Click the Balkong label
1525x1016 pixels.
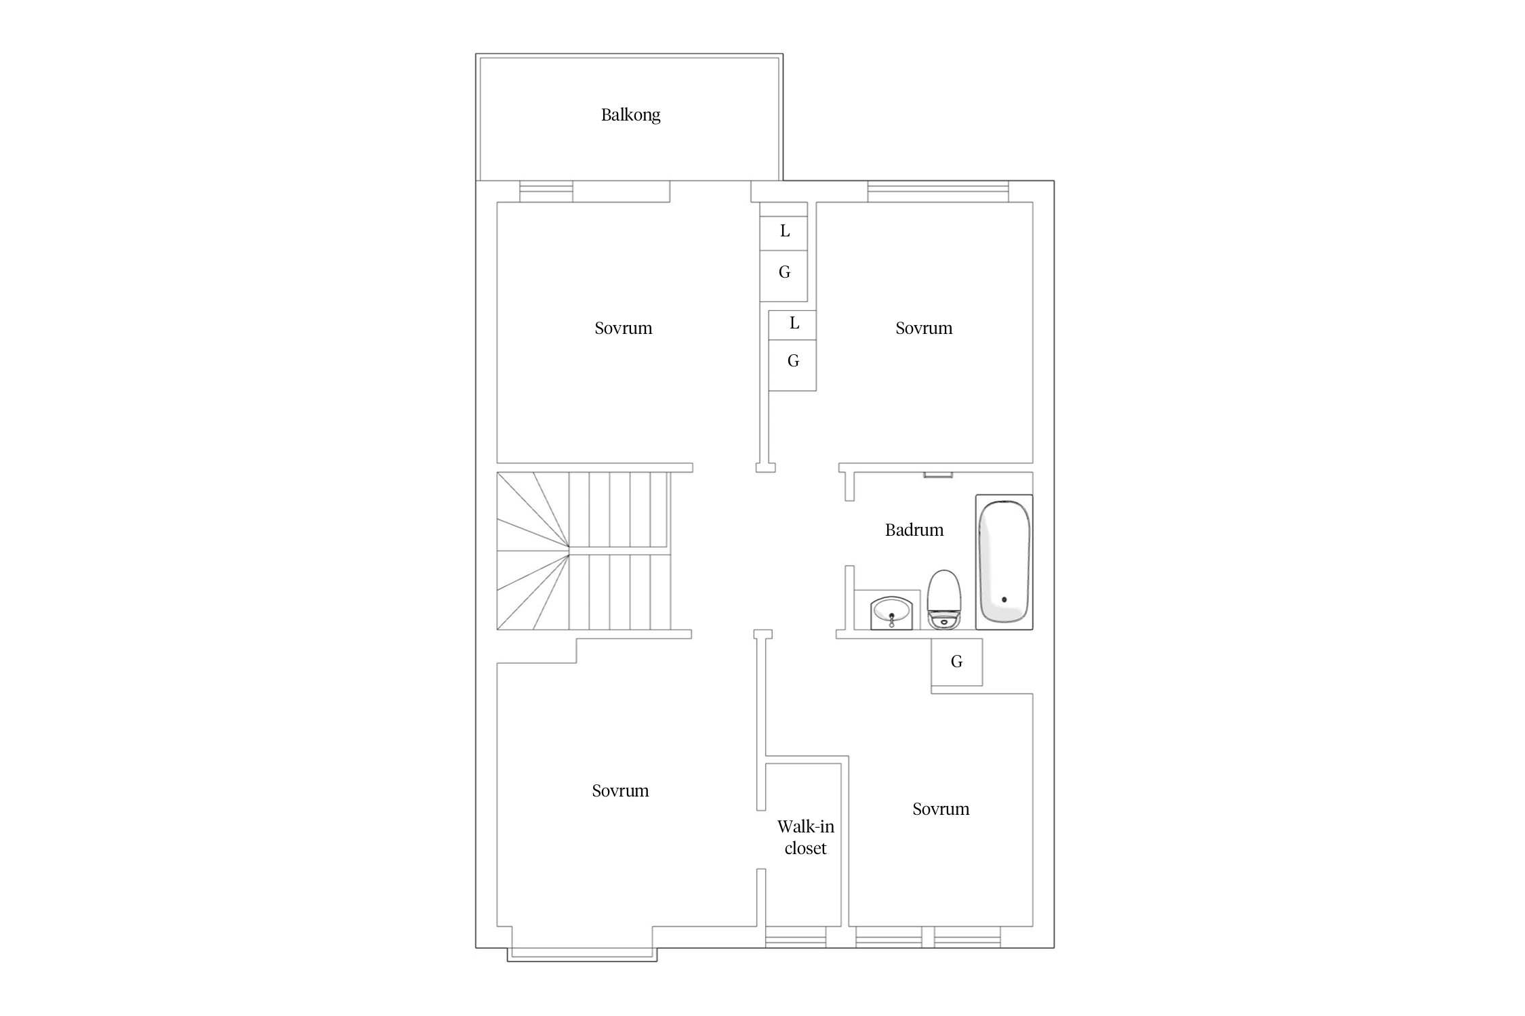click(630, 115)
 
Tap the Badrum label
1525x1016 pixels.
click(914, 530)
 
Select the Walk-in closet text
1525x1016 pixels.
click(805, 837)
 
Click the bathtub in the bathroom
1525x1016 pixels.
click(1004, 562)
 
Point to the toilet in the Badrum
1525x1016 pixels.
click(944, 599)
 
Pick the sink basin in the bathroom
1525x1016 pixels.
click(891, 613)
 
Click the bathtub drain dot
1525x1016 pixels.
click(1004, 599)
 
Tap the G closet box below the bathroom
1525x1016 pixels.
click(956, 662)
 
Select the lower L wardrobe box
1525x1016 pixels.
click(792, 325)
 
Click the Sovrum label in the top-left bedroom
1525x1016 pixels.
click(624, 329)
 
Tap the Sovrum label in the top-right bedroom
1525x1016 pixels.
click(924, 329)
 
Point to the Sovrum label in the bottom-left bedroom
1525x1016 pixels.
click(620, 791)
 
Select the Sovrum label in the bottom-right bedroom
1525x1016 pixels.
click(941, 809)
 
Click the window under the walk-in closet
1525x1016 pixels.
click(796, 937)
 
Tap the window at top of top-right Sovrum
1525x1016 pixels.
click(938, 192)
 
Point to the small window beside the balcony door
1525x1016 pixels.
click(546, 192)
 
